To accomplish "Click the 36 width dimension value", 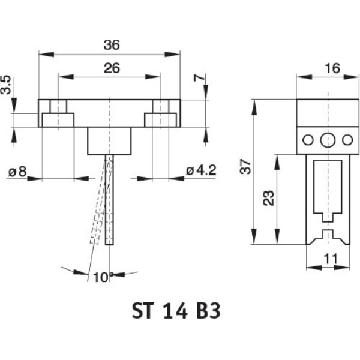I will click(111, 44).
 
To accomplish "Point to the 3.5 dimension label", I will click(5, 85).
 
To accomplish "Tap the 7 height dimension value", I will click(199, 79).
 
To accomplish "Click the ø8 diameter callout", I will click(17, 172).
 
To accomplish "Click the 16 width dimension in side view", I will click(332, 68).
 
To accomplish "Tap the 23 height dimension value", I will click(268, 197).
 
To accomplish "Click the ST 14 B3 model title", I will click(176, 312).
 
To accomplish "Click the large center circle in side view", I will click(327, 140).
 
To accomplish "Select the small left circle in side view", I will click(308, 140).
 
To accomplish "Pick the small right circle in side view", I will click(347, 140).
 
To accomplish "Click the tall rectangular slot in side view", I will click(326, 186).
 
